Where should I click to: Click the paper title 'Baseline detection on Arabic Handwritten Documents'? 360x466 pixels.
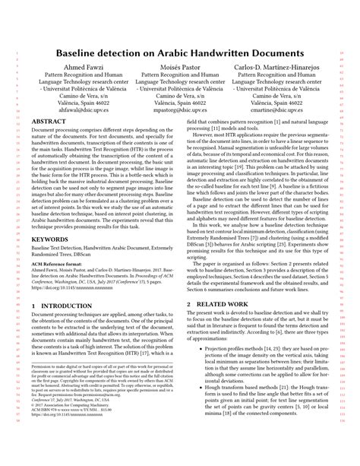point(180,55)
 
